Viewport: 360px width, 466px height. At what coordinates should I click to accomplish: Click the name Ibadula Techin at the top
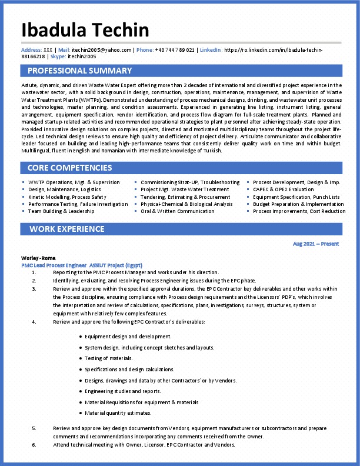(85, 30)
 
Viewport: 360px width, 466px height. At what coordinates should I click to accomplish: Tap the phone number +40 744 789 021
(175, 50)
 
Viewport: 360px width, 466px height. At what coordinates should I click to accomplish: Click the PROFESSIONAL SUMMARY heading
(80, 71)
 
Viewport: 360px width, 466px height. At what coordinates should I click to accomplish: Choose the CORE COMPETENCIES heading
(69, 168)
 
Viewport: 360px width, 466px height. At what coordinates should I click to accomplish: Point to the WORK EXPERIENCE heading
(67, 228)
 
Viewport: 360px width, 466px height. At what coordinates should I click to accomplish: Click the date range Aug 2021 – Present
(315, 244)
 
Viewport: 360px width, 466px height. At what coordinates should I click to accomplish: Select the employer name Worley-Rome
(39, 258)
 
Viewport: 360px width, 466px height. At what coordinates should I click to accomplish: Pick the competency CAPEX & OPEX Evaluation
(284, 189)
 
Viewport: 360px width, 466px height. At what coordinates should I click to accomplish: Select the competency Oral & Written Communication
(178, 211)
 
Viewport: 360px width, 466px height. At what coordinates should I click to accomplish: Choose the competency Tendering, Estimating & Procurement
(185, 197)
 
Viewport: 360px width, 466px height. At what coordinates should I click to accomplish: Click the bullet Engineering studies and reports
(122, 391)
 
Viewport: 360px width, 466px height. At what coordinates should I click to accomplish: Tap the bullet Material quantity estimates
(118, 412)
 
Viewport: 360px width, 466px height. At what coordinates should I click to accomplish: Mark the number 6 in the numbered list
(34, 445)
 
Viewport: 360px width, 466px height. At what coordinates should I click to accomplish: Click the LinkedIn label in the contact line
(211, 50)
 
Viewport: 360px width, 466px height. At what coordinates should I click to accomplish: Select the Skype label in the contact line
(58, 56)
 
